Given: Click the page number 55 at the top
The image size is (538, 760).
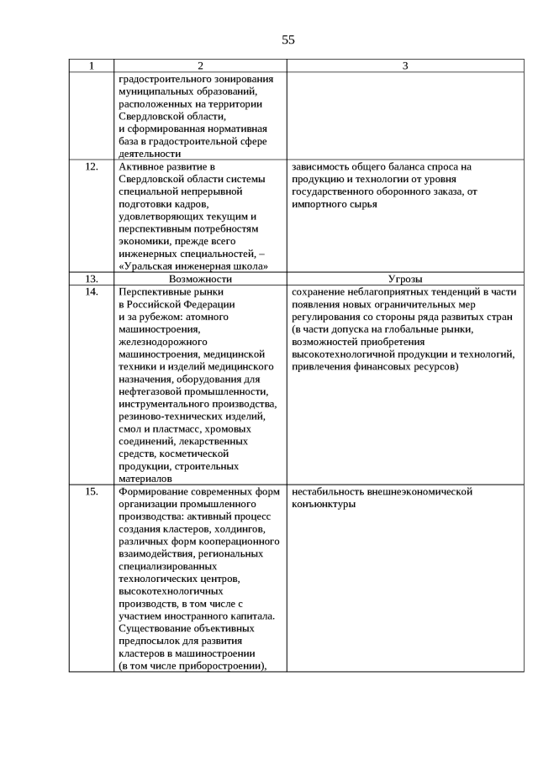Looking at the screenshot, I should click(x=288, y=39).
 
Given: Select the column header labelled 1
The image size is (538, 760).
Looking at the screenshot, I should click(x=92, y=66).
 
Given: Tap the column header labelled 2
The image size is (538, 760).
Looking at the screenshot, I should click(x=200, y=66).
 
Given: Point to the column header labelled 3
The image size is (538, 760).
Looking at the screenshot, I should click(x=404, y=66).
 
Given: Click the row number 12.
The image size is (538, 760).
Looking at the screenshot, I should click(x=92, y=166).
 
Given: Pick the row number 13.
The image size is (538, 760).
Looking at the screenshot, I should click(x=92, y=279).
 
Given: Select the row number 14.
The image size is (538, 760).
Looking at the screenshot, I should click(x=92, y=291).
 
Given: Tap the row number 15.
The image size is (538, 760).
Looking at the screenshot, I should click(x=92, y=491).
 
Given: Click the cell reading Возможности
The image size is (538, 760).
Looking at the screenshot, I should click(x=200, y=279).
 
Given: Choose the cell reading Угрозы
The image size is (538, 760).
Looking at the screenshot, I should click(x=404, y=279).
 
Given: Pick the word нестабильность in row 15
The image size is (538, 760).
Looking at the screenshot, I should click(x=330, y=491).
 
